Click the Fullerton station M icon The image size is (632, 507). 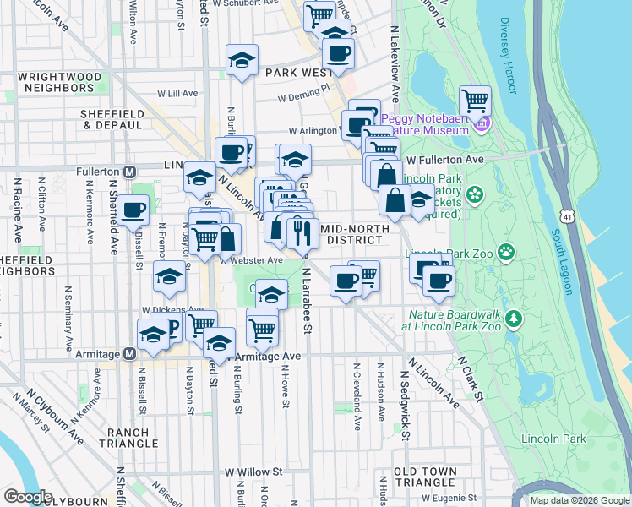[x=130, y=171]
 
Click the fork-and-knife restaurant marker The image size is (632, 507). [x=302, y=232]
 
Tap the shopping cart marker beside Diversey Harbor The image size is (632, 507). [x=476, y=101]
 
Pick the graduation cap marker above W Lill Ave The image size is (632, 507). [x=242, y=61]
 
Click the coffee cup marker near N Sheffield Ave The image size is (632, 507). [x=132, y=210]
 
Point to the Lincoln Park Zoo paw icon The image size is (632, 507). [x=506, y=251]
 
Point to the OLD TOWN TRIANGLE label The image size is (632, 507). [x=426, y=477]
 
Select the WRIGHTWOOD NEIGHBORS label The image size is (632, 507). [x=63, y=82]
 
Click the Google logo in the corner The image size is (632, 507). [x=28, y=497]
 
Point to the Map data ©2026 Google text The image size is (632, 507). [x=580, y=500]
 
